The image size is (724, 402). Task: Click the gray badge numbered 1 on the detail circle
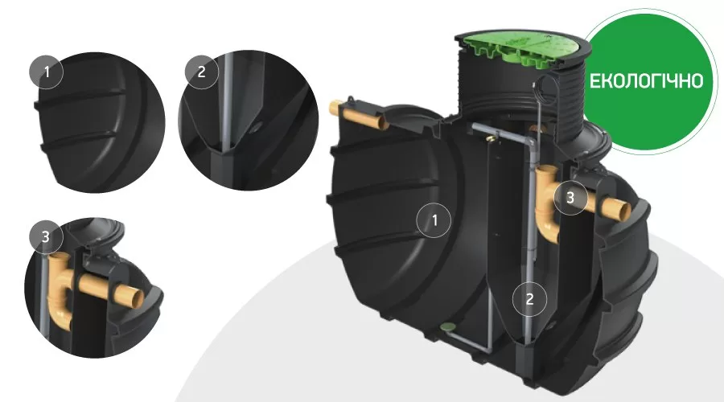(46, 72)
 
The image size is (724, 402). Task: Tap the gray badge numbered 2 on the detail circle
(201, 72)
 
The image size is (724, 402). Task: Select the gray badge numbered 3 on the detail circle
(45, 236)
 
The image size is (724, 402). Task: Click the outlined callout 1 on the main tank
(434, 220)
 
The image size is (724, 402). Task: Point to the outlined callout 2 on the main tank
(529, 299)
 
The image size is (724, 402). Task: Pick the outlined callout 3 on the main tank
(570, 198)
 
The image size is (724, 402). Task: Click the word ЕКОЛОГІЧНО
(647, 80)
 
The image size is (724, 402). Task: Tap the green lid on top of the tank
(517, 49)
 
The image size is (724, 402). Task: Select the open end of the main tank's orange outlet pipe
(624, 211)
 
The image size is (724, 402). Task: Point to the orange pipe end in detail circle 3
(137, 301)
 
